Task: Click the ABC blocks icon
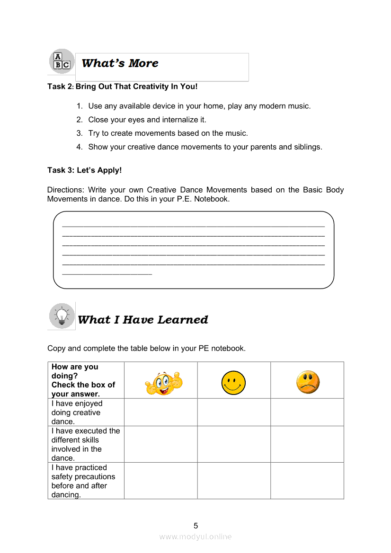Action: (62, 61)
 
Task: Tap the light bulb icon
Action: (62, 316)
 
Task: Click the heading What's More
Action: (120, 63)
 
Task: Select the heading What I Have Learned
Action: (142, 320)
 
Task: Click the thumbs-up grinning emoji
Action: (163, 383)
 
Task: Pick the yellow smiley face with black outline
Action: (233, 383)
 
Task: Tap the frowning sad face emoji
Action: (308, 383)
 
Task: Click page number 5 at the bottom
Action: (195, 526)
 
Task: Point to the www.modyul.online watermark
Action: (195, 536)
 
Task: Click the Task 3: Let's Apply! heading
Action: (85, 170)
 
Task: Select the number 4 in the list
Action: (79, 147)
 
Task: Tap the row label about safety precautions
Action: (83, 481)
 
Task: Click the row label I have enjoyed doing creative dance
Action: (77, 413)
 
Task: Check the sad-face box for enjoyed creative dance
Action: (307, 413)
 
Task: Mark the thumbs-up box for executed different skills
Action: (160, 445)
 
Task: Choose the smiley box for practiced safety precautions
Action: (234, 481)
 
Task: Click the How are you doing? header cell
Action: (83, 380)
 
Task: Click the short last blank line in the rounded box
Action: (107, 273)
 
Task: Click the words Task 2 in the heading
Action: (60, 87)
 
